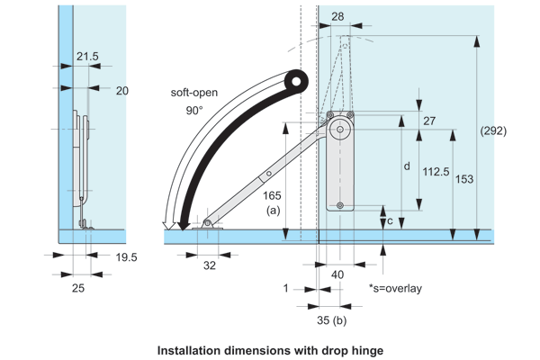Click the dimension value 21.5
(87, 56)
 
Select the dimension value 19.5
(126, 256)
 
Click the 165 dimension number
(271, 195)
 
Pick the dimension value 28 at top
(337, 16)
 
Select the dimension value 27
(429, 121)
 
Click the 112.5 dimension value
(435, 170)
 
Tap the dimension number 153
(464, 179)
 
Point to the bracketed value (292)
(493, 130)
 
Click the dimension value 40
(338, 274)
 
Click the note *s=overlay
(395, 288)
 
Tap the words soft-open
(193, 92)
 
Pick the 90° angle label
(194, 110)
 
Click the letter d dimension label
(406, 166)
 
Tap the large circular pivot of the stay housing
(339, 129)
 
